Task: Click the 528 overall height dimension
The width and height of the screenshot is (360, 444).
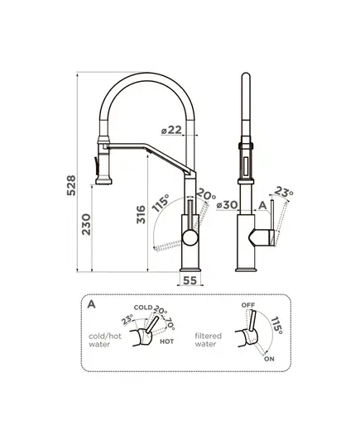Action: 71,185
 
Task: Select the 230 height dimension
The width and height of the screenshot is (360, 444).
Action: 86,225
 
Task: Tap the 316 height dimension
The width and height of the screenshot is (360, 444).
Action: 141,214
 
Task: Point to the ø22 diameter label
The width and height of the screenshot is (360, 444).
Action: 171,130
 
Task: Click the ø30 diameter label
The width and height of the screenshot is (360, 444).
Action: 227,204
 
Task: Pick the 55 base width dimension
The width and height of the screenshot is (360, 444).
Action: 190,280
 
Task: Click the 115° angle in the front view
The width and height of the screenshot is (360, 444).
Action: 161,203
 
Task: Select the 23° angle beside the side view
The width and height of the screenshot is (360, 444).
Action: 284,192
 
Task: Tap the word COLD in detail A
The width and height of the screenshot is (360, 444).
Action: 143,308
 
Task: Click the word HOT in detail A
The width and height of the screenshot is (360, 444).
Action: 166,341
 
